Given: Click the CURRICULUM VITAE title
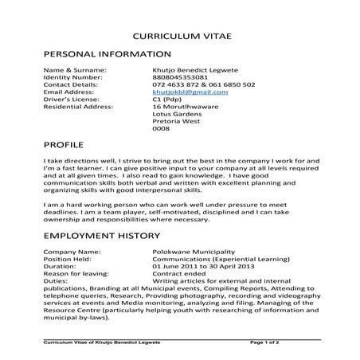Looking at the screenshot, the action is (179, 37).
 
